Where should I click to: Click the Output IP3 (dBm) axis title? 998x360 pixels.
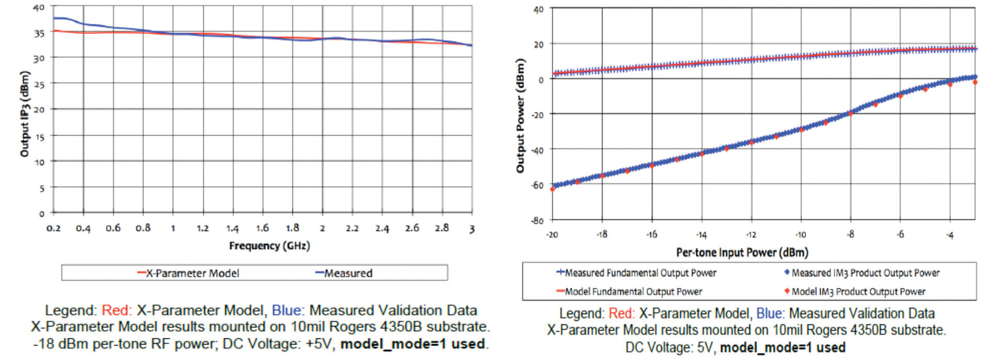pyautogui.click(x=24, y=113)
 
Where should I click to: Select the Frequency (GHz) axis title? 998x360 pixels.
pyautogui.click(x=269, y=246)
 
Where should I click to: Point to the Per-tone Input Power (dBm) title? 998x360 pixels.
pyautogui.click(x=742, y=253)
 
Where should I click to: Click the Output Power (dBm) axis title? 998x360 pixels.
pyautogui.click(x=520, y=116)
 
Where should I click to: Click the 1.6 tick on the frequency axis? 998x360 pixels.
pyautogui.click(x=263, y=228)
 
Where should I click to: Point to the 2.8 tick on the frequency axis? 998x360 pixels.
pyautogui.click(x=441, y=228)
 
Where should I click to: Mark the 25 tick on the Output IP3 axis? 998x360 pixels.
pyautogui.click(x=39, y=84)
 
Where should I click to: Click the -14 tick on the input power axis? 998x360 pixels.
pyautogui.click(x=701, y=235)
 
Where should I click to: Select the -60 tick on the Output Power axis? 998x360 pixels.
pyautogui.click(x=538, y=185)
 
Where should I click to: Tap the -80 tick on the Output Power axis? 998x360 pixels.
pyautogui.click(x=538, y=220)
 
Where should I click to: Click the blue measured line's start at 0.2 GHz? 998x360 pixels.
pyautogui.click(x=54, y=18)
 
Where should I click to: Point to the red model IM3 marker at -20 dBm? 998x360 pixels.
pyautogui.click(x=552, y=189)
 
